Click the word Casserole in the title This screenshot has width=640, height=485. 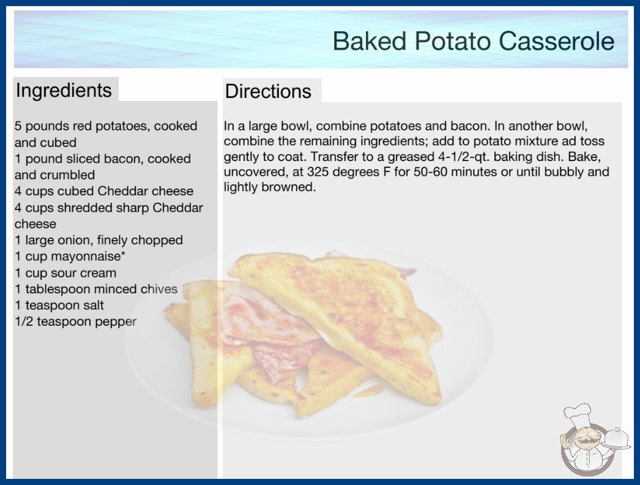(x=556, y=41)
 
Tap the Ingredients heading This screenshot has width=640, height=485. (x=64, y=90)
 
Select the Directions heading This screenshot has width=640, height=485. (x=268, y=91)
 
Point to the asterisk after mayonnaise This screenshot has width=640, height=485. (x=123, y=254)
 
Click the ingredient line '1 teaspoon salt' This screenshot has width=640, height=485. (x=59, y=305)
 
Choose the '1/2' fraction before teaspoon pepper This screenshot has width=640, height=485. (x=24, y=321)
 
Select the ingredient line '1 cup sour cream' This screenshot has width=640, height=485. (x=65, y=273)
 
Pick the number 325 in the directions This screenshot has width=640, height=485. (x=318, y=172)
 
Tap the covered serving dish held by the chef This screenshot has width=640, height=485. (x=616, y=439)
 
